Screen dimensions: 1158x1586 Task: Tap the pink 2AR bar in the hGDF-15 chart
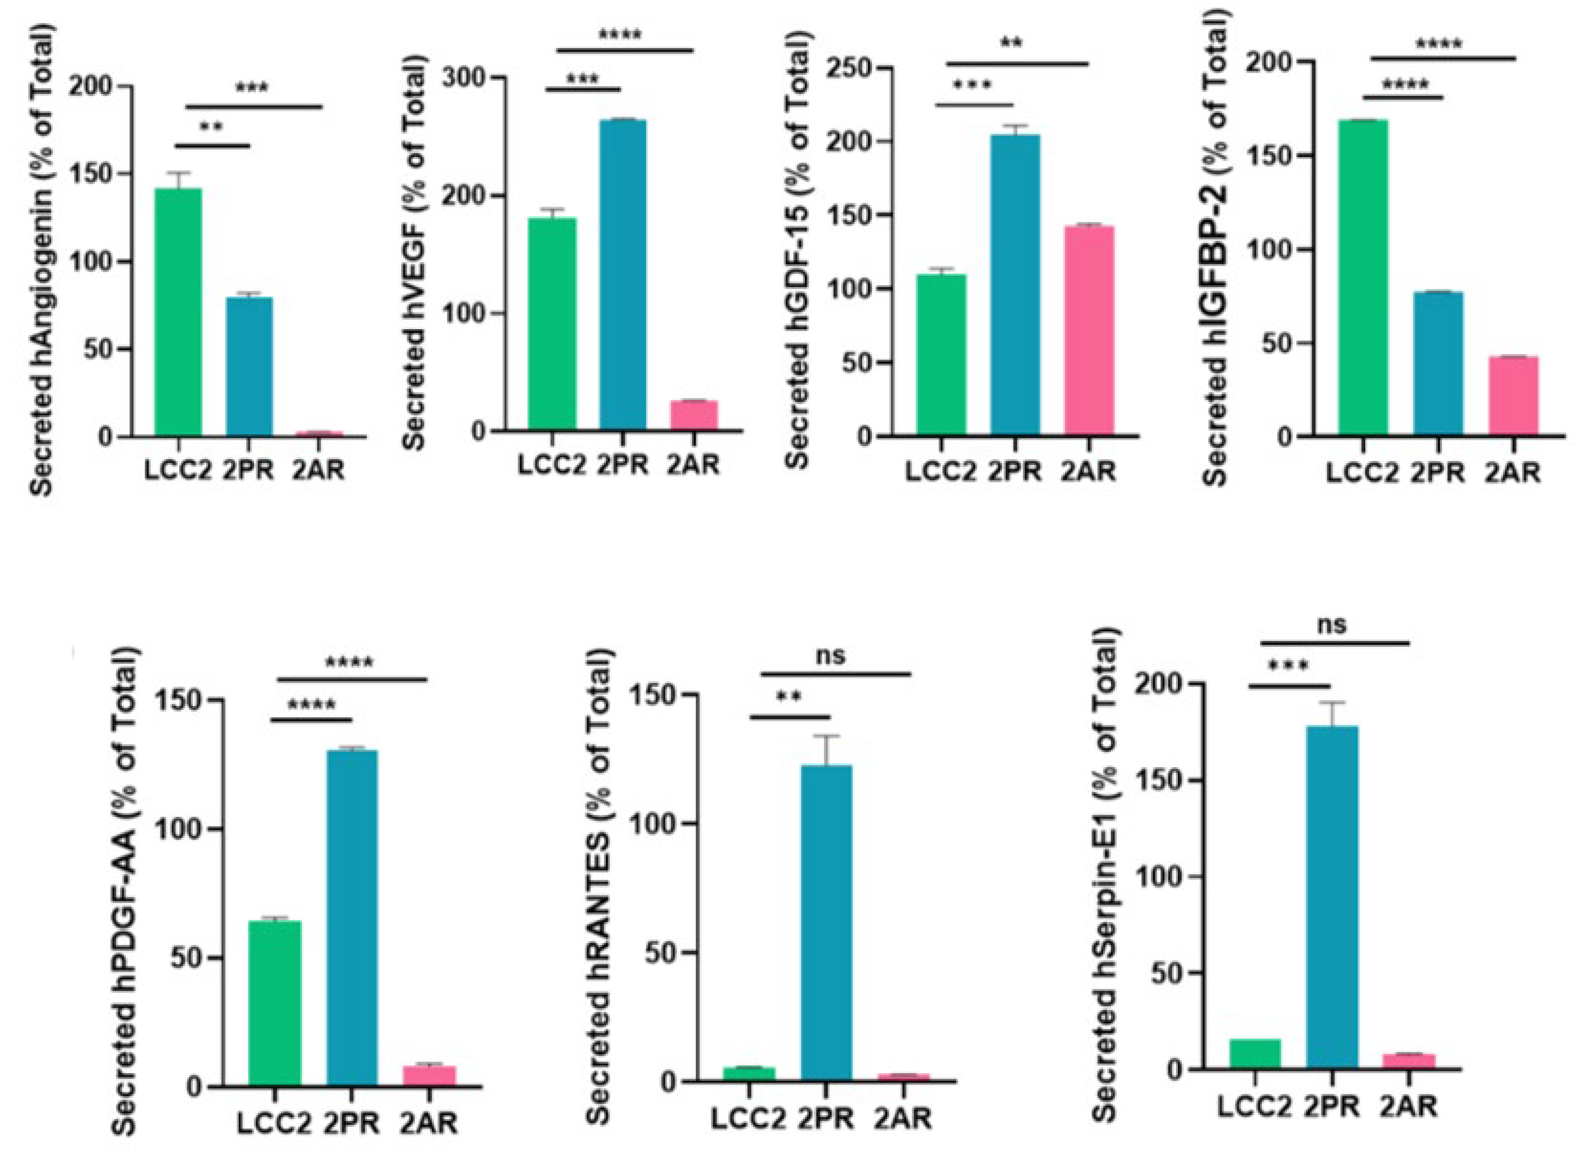[x=1088, y=329]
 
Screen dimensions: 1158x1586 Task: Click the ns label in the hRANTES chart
[x=831, y=656]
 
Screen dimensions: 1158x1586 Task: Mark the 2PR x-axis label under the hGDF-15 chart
[x=1015, y=472]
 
